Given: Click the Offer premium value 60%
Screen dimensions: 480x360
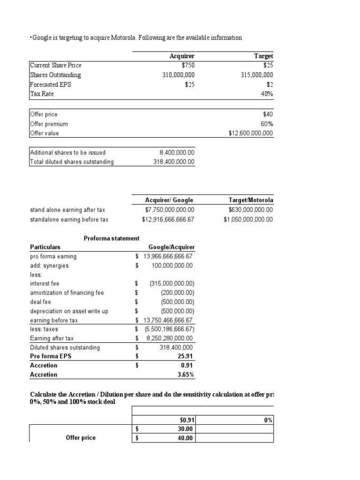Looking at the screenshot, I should point(266,124).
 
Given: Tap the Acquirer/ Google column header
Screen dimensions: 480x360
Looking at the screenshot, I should point(169,200).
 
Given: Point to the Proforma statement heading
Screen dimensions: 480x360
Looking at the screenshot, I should point(112,238).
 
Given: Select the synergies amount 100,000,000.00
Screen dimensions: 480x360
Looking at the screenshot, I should point(172,265).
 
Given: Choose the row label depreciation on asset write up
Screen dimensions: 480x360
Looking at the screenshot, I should point(69,311).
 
